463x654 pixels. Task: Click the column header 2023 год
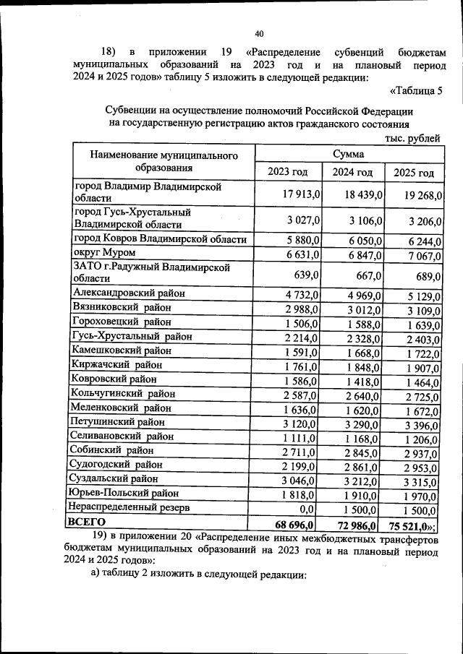(287, 172)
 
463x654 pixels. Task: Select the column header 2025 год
(414, 173)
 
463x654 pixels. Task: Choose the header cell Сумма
(348, 154)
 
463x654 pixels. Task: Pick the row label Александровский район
(129, 293)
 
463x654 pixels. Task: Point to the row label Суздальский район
(117, 478)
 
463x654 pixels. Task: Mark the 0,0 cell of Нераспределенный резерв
(310, 508)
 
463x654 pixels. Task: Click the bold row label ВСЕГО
(86, 521)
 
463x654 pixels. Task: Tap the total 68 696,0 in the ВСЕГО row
(297, 522)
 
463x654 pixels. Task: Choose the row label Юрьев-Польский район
(124, 494)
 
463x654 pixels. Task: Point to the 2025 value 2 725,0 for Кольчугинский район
(418, 395)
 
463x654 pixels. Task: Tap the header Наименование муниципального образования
(164, 163)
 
